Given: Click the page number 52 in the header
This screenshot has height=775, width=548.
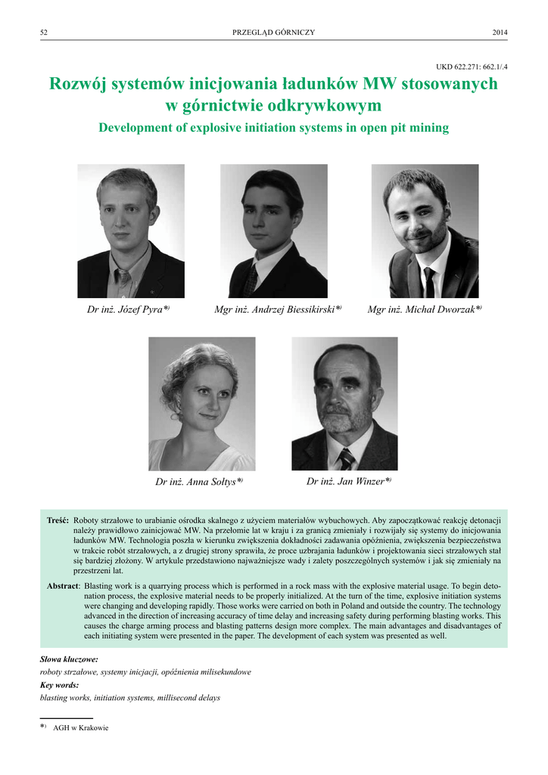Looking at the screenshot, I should point(44,32).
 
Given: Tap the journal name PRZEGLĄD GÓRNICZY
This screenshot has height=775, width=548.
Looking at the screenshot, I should point(273,32).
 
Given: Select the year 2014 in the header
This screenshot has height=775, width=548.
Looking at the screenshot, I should point(500,32).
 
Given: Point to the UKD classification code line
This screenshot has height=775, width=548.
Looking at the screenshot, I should point(472,67).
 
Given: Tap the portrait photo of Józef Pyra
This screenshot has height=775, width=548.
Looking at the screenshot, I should point(130,231).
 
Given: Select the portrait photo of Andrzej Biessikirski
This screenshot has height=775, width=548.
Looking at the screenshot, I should point(273,231).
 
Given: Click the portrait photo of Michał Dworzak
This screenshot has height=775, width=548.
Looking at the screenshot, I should point(424,231).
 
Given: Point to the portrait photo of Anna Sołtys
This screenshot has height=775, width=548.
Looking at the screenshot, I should point(201,403).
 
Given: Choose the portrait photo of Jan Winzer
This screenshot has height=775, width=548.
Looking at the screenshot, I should point(344,403).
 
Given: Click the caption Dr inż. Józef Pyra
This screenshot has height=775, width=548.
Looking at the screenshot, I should point(128,310).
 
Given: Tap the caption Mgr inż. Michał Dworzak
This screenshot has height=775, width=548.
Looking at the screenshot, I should point(424,310).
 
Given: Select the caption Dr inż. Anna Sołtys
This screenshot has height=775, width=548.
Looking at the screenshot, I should point(198,482).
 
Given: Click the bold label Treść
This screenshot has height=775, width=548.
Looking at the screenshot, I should point(58,521).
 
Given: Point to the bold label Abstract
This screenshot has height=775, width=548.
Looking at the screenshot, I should point(62,586).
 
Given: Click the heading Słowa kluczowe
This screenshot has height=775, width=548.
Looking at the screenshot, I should point(69,660).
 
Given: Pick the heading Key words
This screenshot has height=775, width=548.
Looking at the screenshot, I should point(59,685).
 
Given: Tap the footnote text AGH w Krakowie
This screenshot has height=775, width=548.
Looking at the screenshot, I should point(81,728).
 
